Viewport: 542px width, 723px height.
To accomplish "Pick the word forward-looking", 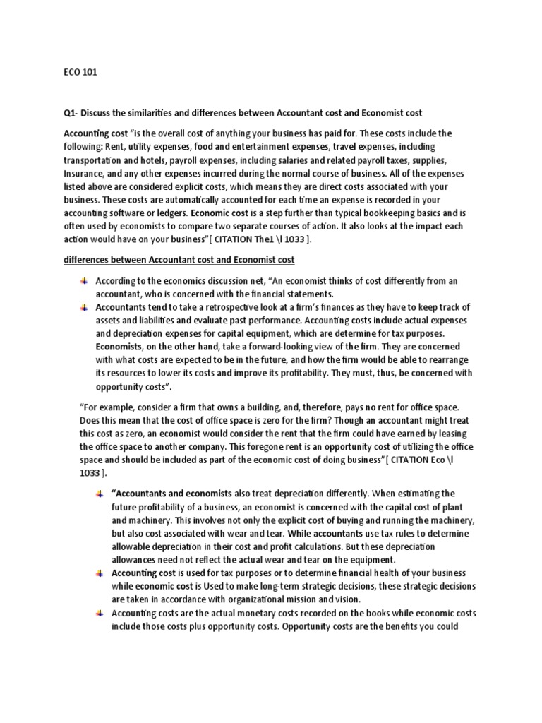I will tap(265, 347).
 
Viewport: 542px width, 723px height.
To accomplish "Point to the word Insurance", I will tap(83, 172).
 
